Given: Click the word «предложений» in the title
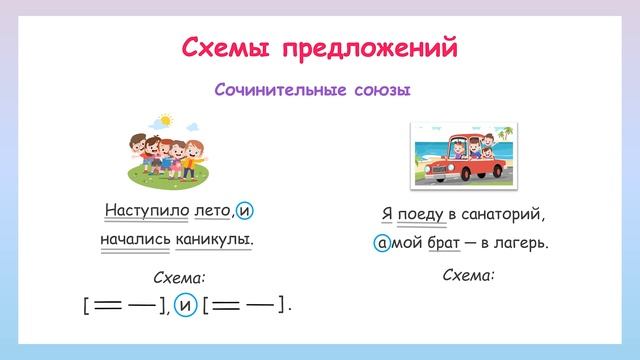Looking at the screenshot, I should (372, 48).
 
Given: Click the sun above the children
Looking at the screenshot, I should (165, 122).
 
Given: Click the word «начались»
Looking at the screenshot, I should (136, 240).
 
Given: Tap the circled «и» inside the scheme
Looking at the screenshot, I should (184, 304).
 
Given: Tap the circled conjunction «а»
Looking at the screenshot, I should (381, 242).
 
